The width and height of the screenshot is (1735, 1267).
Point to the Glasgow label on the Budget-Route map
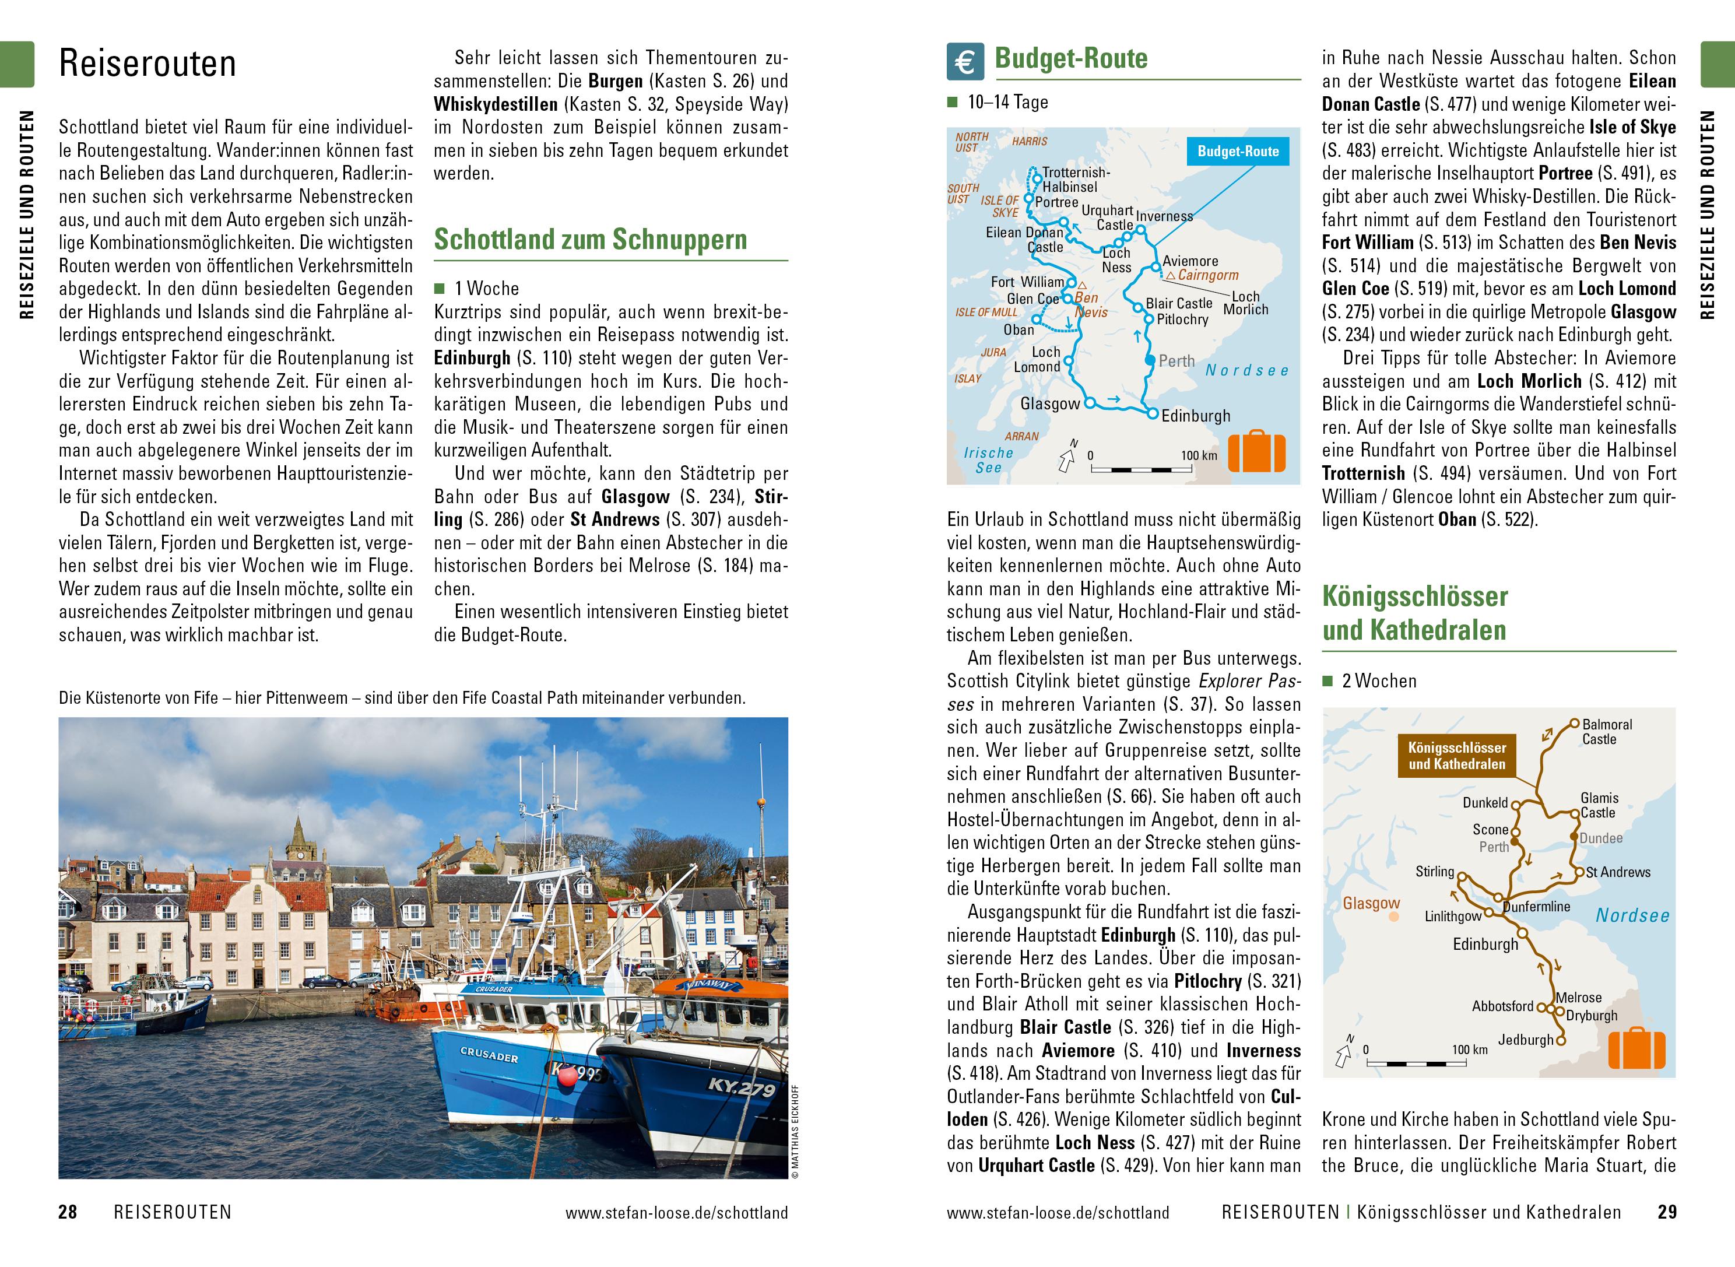1049,404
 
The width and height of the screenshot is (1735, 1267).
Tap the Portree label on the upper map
1056,202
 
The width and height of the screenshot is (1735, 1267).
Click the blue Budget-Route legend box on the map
1238,151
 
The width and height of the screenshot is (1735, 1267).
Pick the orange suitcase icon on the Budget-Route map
1256,452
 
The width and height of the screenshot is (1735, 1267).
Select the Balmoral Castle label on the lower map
1607,732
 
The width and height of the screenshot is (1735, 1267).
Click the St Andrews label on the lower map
1618,872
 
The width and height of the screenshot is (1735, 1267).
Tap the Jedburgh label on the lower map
1526,1040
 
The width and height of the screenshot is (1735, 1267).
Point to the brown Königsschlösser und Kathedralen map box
1457,756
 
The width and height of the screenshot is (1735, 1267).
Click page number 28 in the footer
68,1212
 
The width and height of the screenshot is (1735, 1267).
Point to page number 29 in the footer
1667,1212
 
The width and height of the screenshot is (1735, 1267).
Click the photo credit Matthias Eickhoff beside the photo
795,1131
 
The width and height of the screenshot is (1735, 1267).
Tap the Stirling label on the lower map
1434,871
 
